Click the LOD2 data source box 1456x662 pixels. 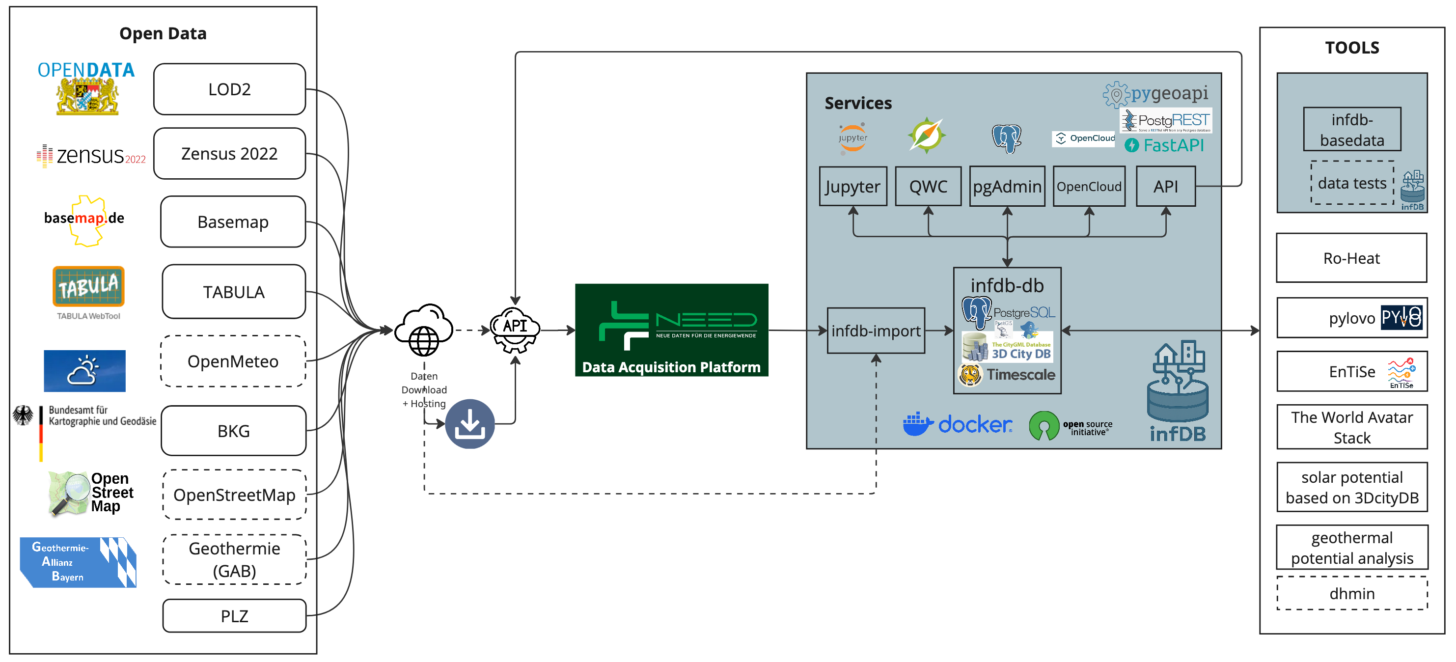coord(229,89)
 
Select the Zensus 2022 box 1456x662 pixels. coord(229,153)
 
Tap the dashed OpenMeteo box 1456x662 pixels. coord(233,361)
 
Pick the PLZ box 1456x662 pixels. coord(234,616)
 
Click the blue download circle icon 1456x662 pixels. coord(469,424)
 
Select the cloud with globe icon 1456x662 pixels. coord(424,330)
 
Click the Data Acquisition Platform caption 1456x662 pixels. coord(671,367)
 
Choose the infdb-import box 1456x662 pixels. coord(876,331)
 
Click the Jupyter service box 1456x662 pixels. coord(852,187)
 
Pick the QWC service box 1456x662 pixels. coord(928,187)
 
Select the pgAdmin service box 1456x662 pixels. coord(1007,187)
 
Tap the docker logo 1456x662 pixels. coord(958,424)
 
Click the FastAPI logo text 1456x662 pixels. coord(1173,145)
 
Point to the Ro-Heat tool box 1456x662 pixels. coord(1351,258)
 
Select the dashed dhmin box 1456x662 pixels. coord(1351,593)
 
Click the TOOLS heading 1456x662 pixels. coord(1352,48)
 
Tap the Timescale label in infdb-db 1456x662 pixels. coord(1020,374)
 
